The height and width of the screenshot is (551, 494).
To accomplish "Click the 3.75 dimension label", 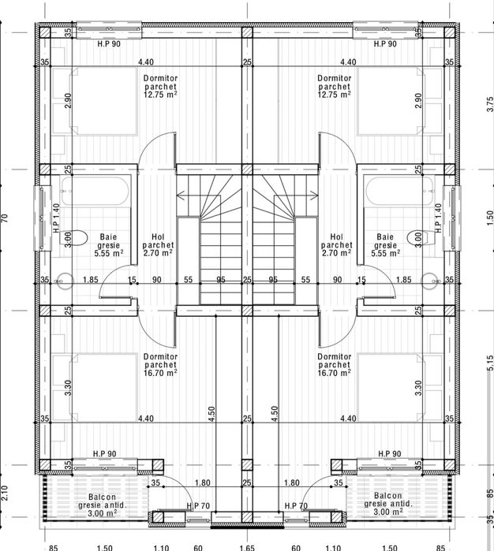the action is [490, 104].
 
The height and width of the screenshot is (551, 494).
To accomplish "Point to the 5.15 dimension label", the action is [490, 363].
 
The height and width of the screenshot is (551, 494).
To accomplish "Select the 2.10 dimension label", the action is [5, 493].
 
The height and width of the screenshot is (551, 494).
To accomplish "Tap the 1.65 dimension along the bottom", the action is [247, 548].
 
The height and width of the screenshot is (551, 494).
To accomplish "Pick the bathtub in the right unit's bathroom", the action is [399, 192].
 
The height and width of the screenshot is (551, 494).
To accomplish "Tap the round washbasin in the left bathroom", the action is [65, 281].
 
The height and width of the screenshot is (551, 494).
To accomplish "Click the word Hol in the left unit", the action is [158, 236].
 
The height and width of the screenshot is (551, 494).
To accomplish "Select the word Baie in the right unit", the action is [385, 236].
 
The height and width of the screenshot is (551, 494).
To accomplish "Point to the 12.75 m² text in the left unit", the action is [160, 94].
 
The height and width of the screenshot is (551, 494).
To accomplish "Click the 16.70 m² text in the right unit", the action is [334, 373].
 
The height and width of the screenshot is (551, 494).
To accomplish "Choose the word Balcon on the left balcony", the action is [102, 497].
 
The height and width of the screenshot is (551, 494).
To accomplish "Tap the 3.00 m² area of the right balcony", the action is [388, 512].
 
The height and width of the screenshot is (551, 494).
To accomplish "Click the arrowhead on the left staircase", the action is [181, 195].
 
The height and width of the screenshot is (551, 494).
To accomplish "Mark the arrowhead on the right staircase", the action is [314, 194].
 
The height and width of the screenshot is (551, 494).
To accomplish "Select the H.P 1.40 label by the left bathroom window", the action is [57, 218].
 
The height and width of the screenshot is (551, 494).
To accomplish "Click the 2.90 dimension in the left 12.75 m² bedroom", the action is [68, 100].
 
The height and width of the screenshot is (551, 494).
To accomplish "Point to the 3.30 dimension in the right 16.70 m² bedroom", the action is [418, 388].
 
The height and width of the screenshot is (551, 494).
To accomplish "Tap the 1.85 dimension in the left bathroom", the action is [91, 280].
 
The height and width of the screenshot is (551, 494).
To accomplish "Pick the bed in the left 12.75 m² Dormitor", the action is [104, 101].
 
